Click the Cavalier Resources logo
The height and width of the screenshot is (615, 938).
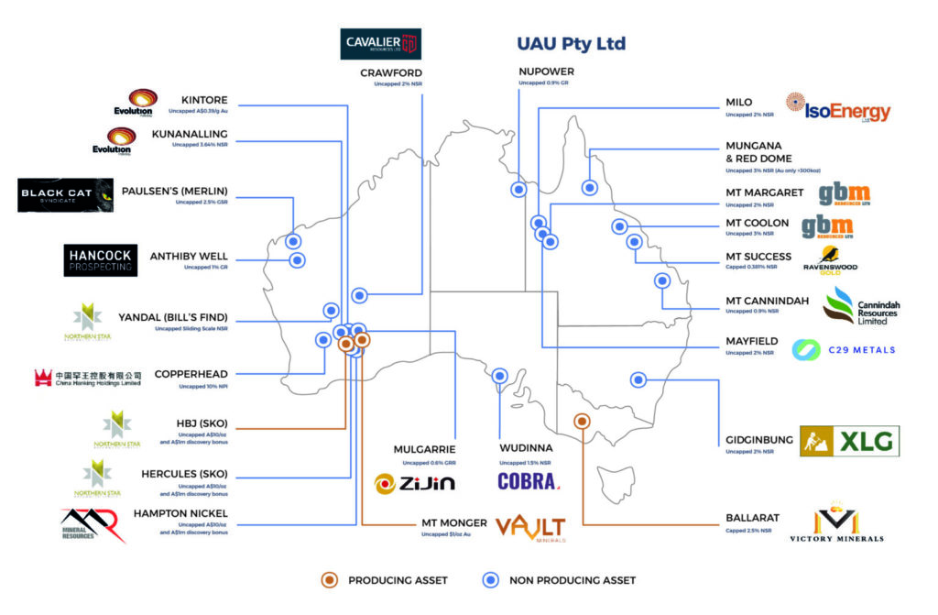click(x=381, y=43)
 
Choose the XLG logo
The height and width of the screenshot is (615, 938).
click(x=849, y=441)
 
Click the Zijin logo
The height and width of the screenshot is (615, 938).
click(x=414, y=482)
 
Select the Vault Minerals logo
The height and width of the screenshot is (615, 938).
click(x=530, y=528)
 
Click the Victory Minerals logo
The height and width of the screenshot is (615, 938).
click(x=836, y=522)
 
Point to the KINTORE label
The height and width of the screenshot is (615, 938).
click(x=204, y=100)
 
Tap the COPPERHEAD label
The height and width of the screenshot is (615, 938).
click(x=191, y=374)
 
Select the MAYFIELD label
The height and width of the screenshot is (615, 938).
click(x=752, y=341)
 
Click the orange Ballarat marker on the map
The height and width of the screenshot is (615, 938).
click(x=581, y=422)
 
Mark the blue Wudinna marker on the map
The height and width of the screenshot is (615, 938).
click(x=500, y=375)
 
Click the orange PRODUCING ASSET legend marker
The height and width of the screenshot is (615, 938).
click(x=331, y=579)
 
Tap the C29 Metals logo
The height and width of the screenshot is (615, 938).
click(x=844, y=349)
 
